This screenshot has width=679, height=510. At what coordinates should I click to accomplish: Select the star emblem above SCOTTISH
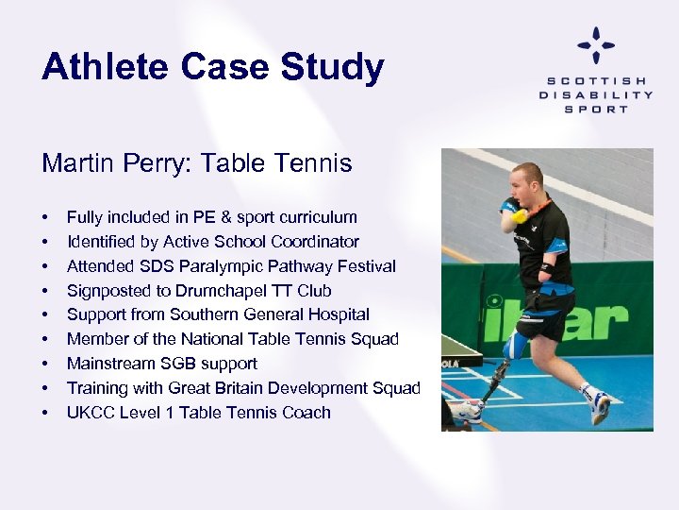click(x=596, y=45)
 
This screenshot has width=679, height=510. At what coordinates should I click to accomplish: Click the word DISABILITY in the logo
click(x=596, y=94)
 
